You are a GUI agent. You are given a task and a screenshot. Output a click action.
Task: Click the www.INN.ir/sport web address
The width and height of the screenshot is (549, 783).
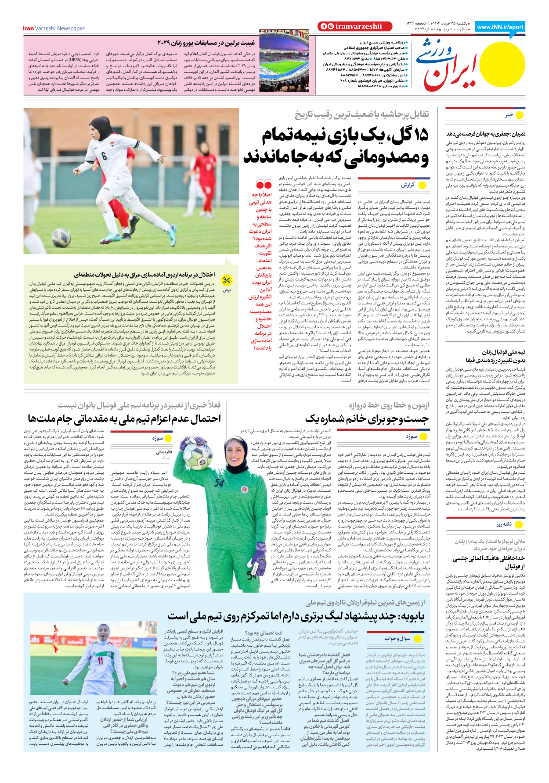click(x=500, y=27)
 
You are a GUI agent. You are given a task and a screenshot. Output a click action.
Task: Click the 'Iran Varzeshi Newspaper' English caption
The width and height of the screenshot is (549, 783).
click(x=54, y=29)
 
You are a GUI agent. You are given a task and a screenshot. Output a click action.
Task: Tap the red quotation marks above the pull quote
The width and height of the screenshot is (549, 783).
click(x=264, y=184)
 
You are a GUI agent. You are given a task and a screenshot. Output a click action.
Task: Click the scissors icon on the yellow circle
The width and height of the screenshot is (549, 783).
click(x=227, y=280)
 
